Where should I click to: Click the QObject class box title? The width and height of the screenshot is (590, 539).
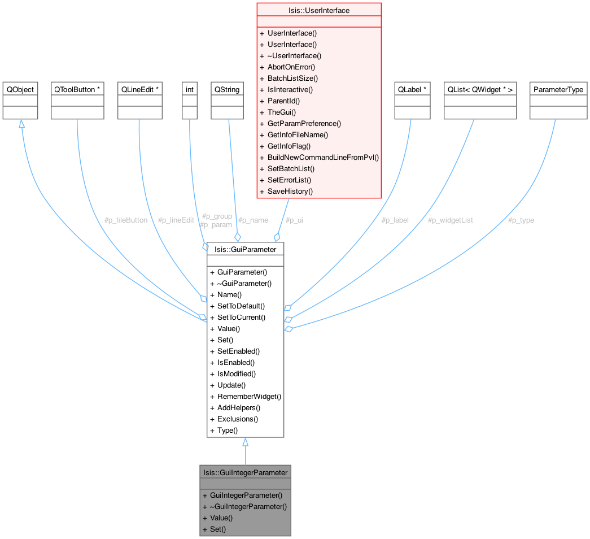20,90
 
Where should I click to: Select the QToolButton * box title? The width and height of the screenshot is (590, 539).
77,90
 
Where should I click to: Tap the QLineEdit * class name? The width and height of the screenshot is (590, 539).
139,90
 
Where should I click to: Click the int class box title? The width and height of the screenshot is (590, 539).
190,90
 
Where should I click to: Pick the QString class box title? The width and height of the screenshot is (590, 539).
227,90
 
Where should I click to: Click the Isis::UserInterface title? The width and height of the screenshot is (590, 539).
319,10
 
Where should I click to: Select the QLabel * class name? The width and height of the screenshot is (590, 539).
412,90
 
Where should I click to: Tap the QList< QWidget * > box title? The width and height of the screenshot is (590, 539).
480,90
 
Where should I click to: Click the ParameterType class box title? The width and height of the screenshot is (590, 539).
558,90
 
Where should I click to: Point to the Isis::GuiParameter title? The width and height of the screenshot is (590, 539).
245,249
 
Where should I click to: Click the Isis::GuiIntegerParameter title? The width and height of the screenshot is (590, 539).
245,472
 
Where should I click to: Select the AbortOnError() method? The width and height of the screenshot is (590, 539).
291,67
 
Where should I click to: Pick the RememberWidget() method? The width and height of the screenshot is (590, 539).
249,396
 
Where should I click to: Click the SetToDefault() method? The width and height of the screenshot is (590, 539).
241,306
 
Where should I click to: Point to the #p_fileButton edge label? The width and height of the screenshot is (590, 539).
126,220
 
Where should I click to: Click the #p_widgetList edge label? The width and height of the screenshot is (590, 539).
451,220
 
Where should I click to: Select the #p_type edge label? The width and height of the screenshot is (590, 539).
521,220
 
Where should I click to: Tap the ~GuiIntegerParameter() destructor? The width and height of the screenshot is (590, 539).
248,506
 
